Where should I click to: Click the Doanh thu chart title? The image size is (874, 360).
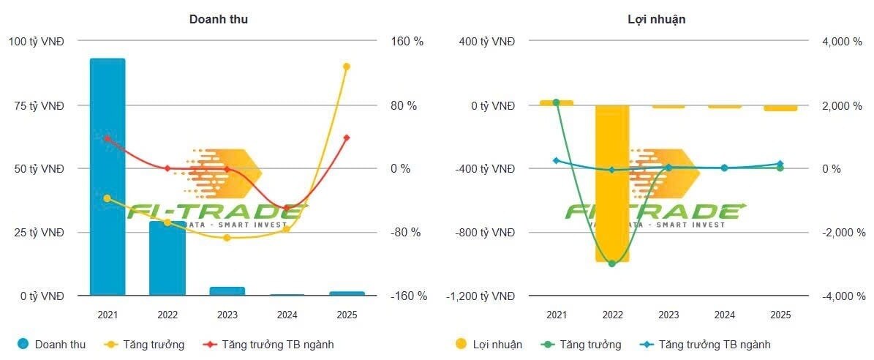tap(219, 19)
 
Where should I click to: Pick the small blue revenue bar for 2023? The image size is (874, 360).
tap(227, 291)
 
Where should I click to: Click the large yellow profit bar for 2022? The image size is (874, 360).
tap(612, 183)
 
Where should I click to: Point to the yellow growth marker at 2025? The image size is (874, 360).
tap(347, 67)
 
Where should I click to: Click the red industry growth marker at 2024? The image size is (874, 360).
tap(286, 208)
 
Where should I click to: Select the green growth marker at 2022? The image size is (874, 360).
tap(612, 263)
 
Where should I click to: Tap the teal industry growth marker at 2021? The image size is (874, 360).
tap(556, 160)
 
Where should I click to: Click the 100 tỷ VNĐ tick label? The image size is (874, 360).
tap(36, 42)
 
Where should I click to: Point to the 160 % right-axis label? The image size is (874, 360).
tap(407, 42)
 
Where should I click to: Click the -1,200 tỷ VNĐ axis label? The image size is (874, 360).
tap(481, 296)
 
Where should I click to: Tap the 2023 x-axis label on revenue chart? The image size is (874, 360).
tap(227, 315)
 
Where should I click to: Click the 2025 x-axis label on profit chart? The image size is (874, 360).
tap(780, 315)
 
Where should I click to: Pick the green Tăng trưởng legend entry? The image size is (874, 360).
tap(582, 344)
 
